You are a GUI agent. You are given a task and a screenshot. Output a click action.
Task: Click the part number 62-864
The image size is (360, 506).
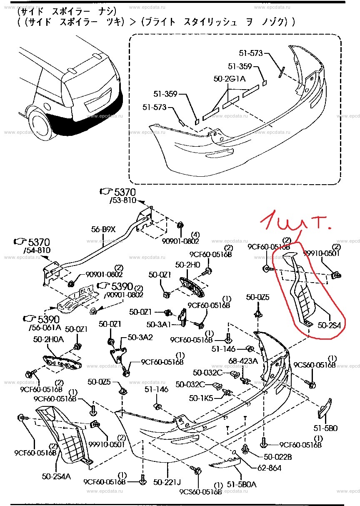tap(269, 468)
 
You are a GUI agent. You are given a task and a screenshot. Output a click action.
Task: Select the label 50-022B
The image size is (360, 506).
tap(278, 457)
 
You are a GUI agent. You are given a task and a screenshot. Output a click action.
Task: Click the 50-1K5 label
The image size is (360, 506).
tap(201, 398)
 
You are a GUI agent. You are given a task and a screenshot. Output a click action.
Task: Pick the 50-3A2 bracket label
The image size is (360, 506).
tap(140, 337)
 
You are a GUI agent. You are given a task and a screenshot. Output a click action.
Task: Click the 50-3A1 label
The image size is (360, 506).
tap(159, 324)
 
